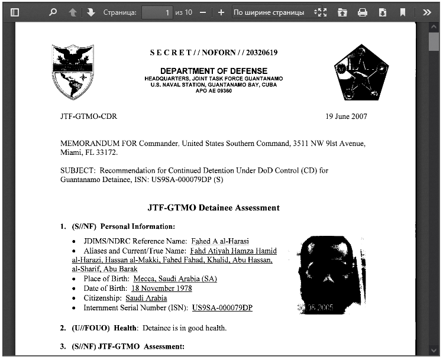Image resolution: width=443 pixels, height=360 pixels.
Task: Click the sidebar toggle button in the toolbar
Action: pyautogui.click(x=15, y=12)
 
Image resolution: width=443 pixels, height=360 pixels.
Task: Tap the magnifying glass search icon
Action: pyautogui.click(x=53, y=12)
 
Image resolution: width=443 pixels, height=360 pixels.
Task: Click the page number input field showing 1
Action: pyautogui.click(x=157, y=12)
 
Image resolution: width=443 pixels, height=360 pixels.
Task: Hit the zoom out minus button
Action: pyautogui.click(x=203, y=12)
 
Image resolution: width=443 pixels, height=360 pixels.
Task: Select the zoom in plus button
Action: pyautogui.click(x=221, y=12)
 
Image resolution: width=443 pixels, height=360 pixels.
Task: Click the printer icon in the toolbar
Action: pyautogui.click(x=363, y=12)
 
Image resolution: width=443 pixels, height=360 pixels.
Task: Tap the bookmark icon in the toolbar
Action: pyautogui.click(x=403, y=12)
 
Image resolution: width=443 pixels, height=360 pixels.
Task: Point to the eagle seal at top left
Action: pyautogui.click(x=73, y=72)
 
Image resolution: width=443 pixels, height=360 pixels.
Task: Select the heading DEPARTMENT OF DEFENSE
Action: pyautogui.click(x=214, y=71)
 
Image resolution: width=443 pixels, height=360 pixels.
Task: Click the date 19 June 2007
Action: pyautogui.click(x=346, y=116)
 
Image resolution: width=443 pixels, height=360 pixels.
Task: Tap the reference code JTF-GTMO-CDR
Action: pyautogui.click(x=89, y=116)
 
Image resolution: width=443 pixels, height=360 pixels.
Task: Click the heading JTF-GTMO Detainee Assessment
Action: pyautogui.click(x=213, y=207)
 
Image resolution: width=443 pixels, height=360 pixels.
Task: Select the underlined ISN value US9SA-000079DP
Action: pyautogui.click(x=222, y=308)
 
